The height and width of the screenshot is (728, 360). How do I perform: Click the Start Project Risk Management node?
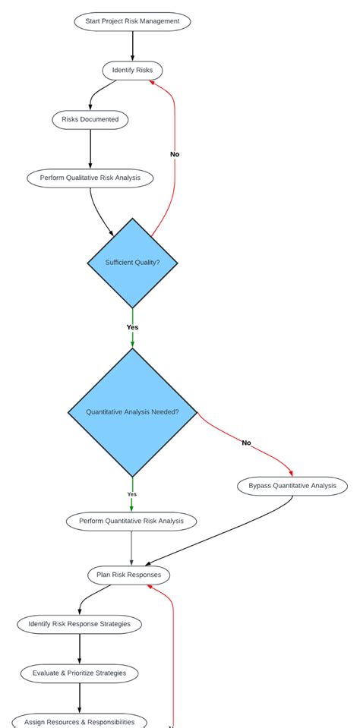132,21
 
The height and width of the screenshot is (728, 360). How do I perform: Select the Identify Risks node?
132,71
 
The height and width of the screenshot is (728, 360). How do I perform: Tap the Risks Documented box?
90,119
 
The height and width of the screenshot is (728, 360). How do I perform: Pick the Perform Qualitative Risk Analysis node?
90,178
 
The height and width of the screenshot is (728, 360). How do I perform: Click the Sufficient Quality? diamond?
132,263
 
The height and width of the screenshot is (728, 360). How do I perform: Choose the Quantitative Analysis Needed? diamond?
132,412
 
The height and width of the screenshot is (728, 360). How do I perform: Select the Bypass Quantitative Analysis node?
292,486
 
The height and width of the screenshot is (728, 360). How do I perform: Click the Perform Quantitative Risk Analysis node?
131,522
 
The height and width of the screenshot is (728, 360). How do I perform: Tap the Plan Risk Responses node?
128,575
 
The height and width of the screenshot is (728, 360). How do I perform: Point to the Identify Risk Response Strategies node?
79,624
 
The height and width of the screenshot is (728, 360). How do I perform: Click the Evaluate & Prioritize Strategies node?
79,673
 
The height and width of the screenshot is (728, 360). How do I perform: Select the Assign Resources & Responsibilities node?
79,721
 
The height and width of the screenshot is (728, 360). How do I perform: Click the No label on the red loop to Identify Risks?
175,154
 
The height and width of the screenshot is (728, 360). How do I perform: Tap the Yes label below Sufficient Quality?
132,327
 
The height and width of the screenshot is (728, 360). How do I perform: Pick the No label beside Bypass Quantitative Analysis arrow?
246,443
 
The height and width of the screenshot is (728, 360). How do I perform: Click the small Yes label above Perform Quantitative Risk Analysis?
132,494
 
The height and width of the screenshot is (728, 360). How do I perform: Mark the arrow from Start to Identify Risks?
132,46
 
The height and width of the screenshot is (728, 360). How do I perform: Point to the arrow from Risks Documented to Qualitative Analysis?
90,149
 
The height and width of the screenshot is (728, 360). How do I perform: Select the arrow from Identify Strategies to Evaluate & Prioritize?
79,648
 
